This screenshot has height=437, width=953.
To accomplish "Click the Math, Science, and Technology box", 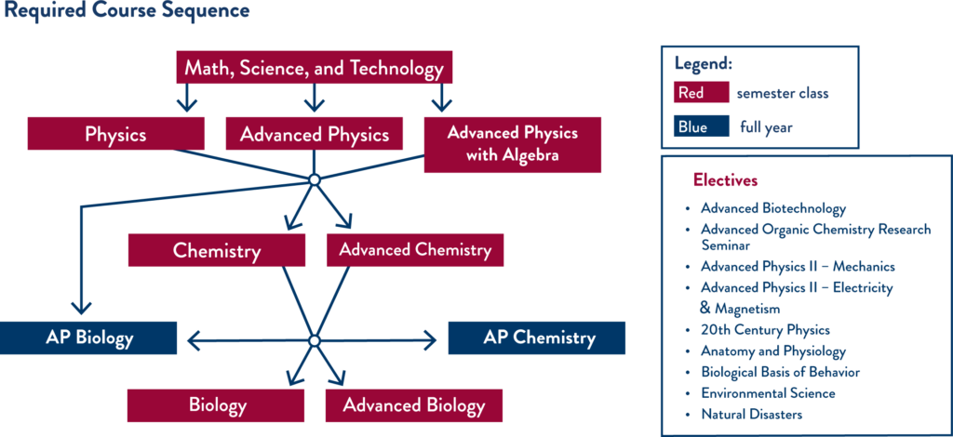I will [314, 68].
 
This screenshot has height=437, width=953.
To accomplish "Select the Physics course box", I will [115, 134].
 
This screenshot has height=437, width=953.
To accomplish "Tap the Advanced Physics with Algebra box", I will [512, 144].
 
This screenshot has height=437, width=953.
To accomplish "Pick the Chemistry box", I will [216, 250].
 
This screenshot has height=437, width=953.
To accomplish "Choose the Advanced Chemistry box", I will [414, 250].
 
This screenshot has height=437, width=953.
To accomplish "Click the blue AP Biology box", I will [88, 338].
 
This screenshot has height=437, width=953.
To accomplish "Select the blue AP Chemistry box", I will [537, 338].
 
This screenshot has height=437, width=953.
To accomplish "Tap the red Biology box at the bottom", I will [216, 406].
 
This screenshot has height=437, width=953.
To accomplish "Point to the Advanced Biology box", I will [413, 406].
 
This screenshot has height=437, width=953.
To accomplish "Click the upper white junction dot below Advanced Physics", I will [315, 179].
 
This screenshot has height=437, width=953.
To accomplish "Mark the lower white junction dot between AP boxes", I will [315, 341].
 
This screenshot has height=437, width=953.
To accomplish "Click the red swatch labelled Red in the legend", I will [701, 93].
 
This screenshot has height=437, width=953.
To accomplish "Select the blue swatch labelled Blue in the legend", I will [701, 127].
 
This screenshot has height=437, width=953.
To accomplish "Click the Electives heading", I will [725, 180].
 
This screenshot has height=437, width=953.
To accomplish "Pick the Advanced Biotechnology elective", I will [772, 208].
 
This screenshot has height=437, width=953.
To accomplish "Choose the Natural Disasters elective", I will [751, 414].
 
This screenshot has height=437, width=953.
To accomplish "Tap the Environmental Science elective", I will [767, 393].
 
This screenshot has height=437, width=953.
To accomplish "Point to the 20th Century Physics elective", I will [764, 330].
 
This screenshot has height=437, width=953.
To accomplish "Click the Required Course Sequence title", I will [127, 11].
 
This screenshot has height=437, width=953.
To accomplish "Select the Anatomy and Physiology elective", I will [772, 351].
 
